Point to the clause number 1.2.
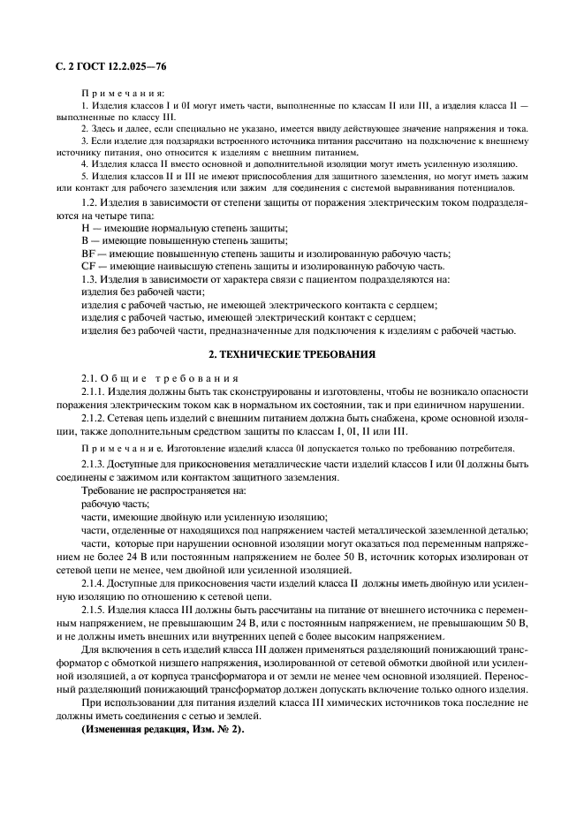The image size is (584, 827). pos(89,203)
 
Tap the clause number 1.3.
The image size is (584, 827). pos(89,279)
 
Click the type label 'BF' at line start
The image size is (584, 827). pos(87,254)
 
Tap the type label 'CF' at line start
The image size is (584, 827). pos(87,266)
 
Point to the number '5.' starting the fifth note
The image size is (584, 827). pos(84,176)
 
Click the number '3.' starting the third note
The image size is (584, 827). pos(84,140)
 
